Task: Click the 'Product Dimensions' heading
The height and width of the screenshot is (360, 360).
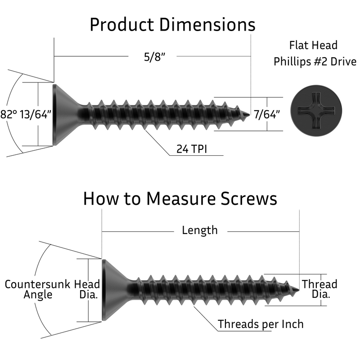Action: tap(173, 25)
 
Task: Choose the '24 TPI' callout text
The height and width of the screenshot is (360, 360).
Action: tap(192, 149)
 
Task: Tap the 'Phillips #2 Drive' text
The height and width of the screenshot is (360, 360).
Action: tap(315, 62)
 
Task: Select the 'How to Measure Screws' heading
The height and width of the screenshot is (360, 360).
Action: tap(180, 199)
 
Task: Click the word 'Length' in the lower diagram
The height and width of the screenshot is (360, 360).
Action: tap(199, 230)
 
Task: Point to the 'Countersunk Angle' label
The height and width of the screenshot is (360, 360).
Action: tap(38, 289)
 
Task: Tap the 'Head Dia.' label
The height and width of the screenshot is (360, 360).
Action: tap(87, 289)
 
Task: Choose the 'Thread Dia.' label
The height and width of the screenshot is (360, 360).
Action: tap(319, 289)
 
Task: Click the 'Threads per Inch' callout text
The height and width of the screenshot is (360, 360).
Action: tap(261, 324)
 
